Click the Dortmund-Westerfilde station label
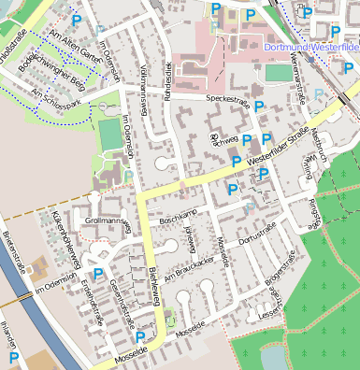pos(311,45)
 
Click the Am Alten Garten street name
pos(74,38)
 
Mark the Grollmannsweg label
pos(106,221)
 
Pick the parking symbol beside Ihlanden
pos(14,357)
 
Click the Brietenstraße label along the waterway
pos(16,249)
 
